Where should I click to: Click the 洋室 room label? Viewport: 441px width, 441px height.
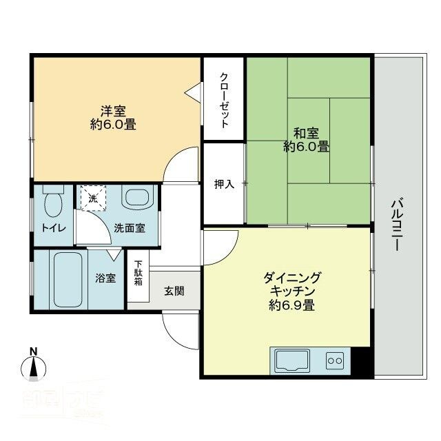tap(112, 110)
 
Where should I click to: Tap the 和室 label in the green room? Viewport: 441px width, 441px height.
tap(306, 133)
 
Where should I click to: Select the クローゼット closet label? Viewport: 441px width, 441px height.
tap(224, 100)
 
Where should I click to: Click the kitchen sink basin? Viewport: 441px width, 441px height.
tap(292, 360)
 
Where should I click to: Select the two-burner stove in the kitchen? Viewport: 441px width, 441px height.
tap(335, 360)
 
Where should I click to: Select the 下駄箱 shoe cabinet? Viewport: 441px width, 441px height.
tap(138, 273)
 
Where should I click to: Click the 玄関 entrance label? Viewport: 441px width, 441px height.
tap(174, 291)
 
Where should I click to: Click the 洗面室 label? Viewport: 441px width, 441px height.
tap(130, 228)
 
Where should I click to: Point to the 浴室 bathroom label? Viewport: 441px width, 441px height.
tap(105, 279)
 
